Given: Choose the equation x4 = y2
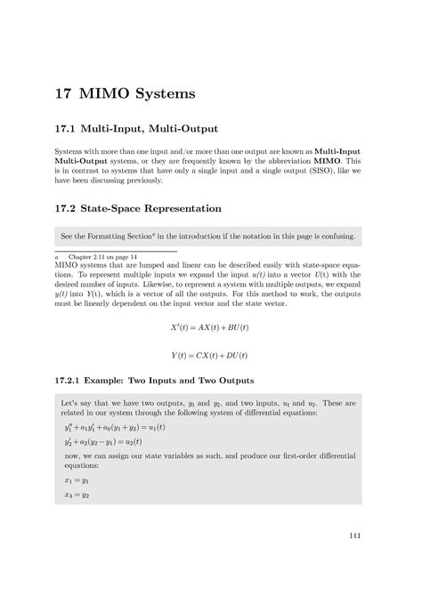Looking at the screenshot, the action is pos(77,495).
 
